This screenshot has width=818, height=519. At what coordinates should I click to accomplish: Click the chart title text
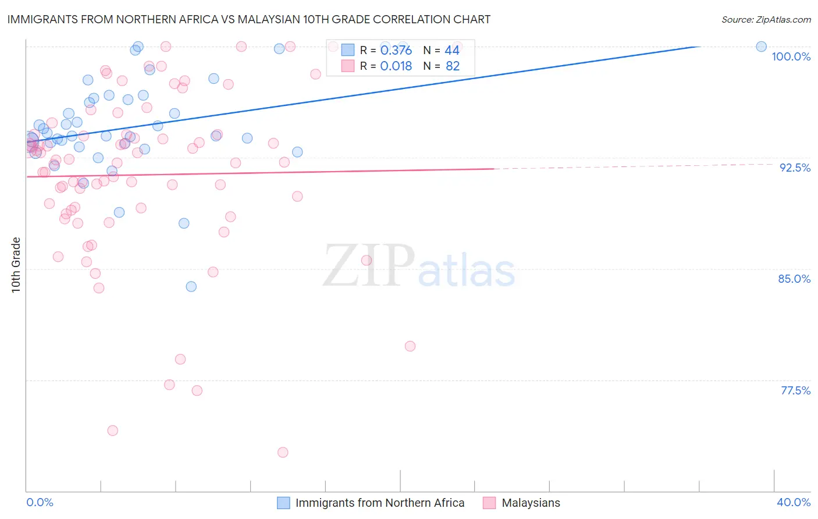pyautogui.click(x=249, y=19)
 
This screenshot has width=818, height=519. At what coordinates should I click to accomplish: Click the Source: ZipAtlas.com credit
pyautogui.click(x=766, y=19)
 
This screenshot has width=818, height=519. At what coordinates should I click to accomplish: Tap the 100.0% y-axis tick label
pyautogui.click(x=791, y=56)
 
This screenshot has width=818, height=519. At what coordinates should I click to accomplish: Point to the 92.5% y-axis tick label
pyautogui.click(x=794, y=168)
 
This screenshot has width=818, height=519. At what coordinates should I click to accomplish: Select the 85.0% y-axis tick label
pyautogui.click(x=794, y=279)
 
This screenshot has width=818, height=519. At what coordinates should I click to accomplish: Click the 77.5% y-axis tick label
pyautogui.click(x=795, y=390)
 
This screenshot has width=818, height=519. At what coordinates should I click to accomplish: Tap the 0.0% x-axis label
pyautogui.click(x=40, y=502)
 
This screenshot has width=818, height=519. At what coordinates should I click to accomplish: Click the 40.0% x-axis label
pyautogui.click(x=793, y=502)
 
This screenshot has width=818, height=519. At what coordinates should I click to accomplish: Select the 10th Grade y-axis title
pyautogui.click(x=16, y=265)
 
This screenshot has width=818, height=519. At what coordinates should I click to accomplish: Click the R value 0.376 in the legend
pyautogui.click(x=396, y=51)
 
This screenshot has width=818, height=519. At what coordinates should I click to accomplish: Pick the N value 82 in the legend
pyautogui.click(x=453, y=66)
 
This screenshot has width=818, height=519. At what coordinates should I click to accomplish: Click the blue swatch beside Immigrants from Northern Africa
pyautogui.click(x=283, y=503)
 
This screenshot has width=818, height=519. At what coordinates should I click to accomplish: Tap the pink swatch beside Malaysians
pyautogui.click(x=489, y=503)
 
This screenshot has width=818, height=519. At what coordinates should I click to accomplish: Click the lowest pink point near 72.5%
pyautogui.click(x=283, y=452)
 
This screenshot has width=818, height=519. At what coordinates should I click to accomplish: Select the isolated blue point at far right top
pyautogui.click(x=761, y=47)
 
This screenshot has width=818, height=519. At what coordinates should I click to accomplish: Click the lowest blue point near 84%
pyautogui.click(x=191, y=286)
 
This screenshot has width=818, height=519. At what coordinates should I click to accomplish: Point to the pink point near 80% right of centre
pyautogui.click(x=410, y=346)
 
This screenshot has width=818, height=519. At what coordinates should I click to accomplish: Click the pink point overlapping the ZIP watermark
pyautogui.click(x=367, y=260)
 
